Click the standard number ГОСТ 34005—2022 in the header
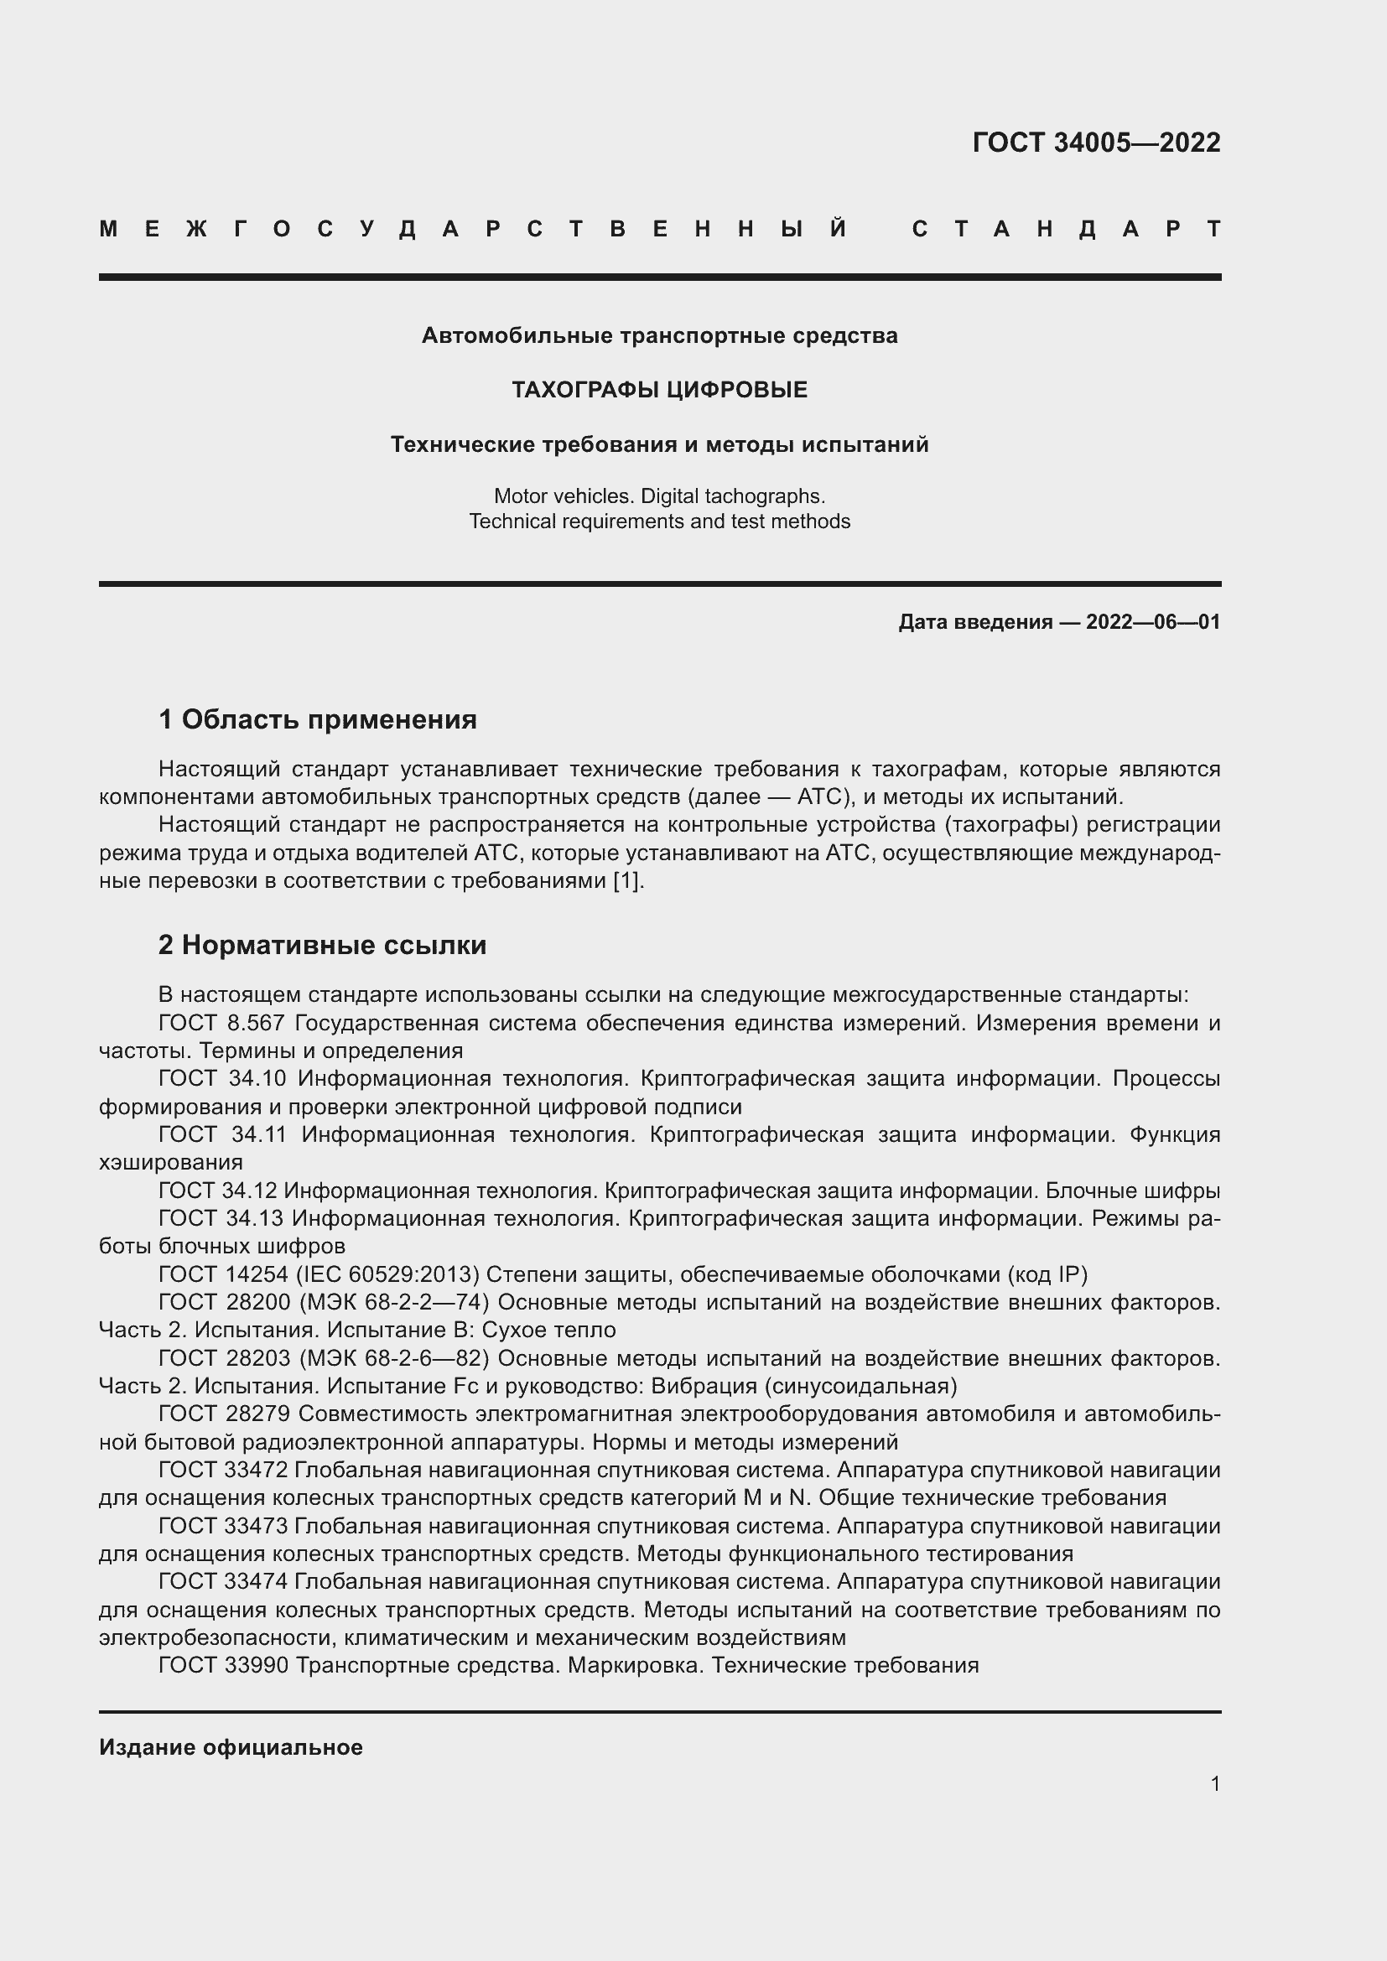[x=1096, y=142]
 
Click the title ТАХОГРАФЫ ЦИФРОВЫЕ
[x=659, y=391]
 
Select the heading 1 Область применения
[x=317, y=720]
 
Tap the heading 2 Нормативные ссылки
[x=322, y=946]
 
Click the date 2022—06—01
[x=1153, y=622]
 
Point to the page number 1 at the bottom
[x=1214, y=1783]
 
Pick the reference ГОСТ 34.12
[x=217, y=1191]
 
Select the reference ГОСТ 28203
[x=222, y=1359]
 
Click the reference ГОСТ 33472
[x=222, y=1471]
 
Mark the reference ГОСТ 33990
[x=222, y=1666]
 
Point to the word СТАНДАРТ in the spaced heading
[x=1066, y=229]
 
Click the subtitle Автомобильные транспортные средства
[x=659, y=335]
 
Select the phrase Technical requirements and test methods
[x=659, y=521]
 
